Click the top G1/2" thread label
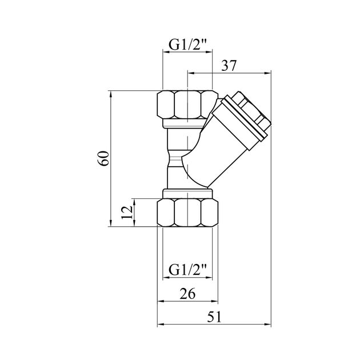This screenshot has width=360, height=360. [x=187, y=42]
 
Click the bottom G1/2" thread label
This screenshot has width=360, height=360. [x=187, y=267]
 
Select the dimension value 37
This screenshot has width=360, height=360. [x=229, y=66]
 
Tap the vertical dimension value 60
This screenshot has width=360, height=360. [x=103, y=158]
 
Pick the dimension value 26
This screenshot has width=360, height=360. [x=187, y=294]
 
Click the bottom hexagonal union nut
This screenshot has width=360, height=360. [x=187, y=212]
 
